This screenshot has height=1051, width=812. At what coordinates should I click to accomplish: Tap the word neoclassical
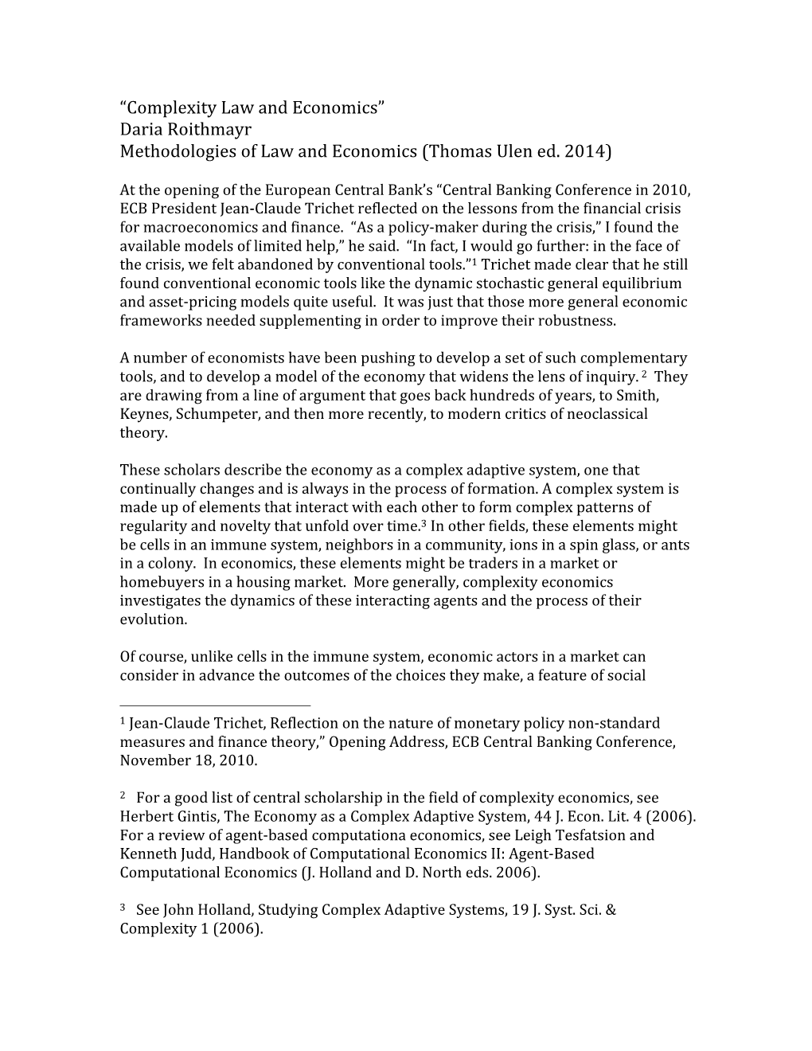607,414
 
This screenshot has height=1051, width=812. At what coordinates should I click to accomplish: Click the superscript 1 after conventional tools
474,261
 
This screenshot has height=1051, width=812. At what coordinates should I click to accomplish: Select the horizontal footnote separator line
215,705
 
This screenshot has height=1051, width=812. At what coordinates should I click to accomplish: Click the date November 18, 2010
188,760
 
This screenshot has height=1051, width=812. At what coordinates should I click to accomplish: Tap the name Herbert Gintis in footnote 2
166,816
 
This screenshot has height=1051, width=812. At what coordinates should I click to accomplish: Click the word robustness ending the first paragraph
578,321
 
